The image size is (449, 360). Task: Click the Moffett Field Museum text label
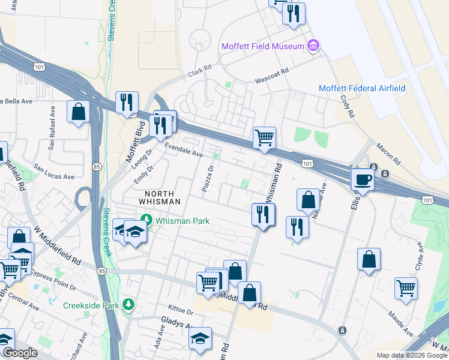point(262,46)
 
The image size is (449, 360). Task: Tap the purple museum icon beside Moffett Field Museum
point(312,46)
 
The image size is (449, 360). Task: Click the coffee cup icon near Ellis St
point(362,178)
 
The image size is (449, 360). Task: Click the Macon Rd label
point(388,154)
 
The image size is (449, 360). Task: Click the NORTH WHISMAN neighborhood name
point(151,197)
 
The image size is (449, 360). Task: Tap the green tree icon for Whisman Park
point(145,220)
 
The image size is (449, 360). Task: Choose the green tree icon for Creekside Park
point(128,305)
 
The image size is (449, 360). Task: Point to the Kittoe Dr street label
point(181,313)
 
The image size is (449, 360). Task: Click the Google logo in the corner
point(20,353)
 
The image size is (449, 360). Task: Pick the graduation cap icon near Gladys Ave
point(200,339)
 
